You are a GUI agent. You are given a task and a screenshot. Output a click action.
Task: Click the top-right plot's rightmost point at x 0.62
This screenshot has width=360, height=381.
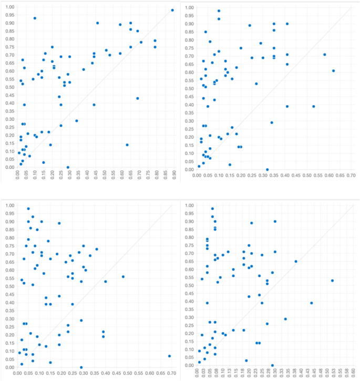(x=333, y=71)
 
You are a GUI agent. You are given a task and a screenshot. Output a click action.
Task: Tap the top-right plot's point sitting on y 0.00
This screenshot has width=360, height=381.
(x=267, y=170)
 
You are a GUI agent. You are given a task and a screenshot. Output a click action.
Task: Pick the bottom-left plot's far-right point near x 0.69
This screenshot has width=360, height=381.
(x=169, y=356)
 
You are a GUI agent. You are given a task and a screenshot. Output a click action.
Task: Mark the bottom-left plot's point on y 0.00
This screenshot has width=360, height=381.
(x=81, y=367)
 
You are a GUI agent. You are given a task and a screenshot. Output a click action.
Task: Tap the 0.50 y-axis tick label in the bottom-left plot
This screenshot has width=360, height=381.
(x=8, y=286)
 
